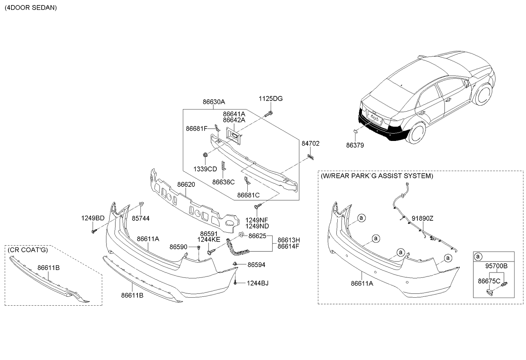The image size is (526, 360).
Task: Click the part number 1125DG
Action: [x=271, y=99]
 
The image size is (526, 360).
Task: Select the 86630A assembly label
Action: [x=214, y=102]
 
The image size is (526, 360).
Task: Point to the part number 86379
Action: [x=355, y=145]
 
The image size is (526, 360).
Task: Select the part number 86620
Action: [x=186, y=185]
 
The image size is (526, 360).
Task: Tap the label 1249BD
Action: [x=93, y=218]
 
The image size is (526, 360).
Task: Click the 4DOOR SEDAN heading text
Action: [x=31, y=8]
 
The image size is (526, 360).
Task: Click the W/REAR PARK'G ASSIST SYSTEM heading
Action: [x=377, y=176]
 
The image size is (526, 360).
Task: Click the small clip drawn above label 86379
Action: [x=356, y=132]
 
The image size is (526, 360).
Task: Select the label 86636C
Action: [x=224, y=182]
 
